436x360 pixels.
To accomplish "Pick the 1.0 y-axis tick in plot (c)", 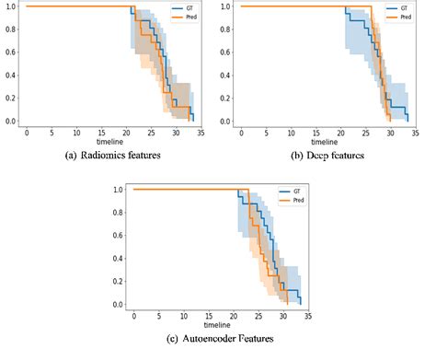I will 117,190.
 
